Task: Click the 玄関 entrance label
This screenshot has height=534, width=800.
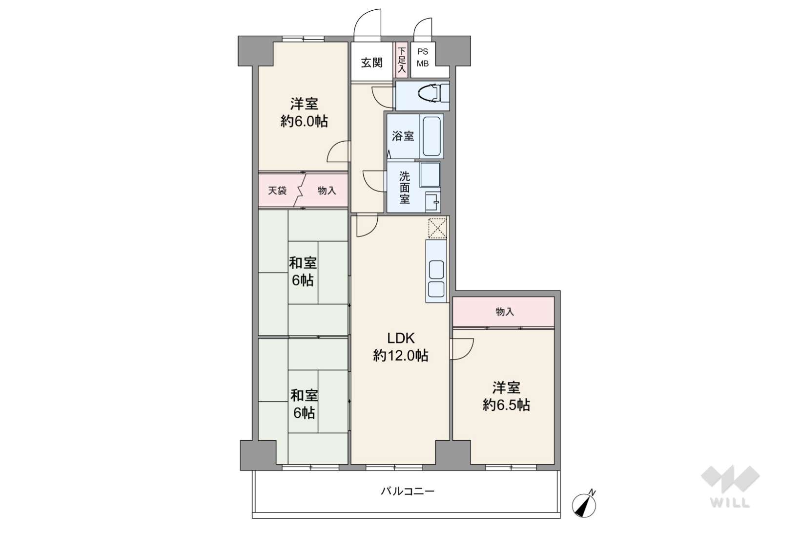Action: coord(372,63)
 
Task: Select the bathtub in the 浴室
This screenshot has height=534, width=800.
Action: coord(431,136)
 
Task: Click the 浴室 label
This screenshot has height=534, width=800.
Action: coord(403,136)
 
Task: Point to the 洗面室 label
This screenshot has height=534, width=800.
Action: coord(404,188)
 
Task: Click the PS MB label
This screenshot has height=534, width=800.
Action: coord(423,58)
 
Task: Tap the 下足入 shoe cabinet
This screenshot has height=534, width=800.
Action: coord(402,60)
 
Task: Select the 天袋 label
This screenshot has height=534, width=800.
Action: coord(277,191)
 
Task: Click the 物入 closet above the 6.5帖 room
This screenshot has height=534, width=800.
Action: coord(504,312)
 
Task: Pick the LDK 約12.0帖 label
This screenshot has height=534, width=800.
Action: coord(401,346)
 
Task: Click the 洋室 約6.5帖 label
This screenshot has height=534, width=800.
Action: coord(506,396)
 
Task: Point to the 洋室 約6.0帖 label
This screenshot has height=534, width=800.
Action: coord(304,112)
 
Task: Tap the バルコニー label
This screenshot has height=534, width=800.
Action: coord(408,491)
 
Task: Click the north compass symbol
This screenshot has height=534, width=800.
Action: coord(584,504)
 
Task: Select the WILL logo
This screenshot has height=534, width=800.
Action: coord(730,486)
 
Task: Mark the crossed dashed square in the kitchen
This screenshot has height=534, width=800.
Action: coord(437,228)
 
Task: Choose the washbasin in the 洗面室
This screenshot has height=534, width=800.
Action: coord(433,202)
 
